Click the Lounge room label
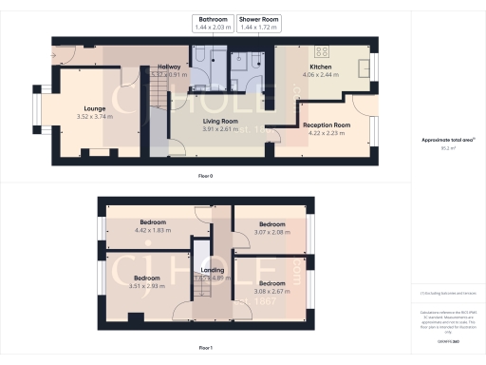point(95,109)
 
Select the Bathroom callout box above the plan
point(212,22)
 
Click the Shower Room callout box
point(257,22)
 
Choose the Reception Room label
point(327,125)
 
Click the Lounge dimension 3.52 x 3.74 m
point(95,117)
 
